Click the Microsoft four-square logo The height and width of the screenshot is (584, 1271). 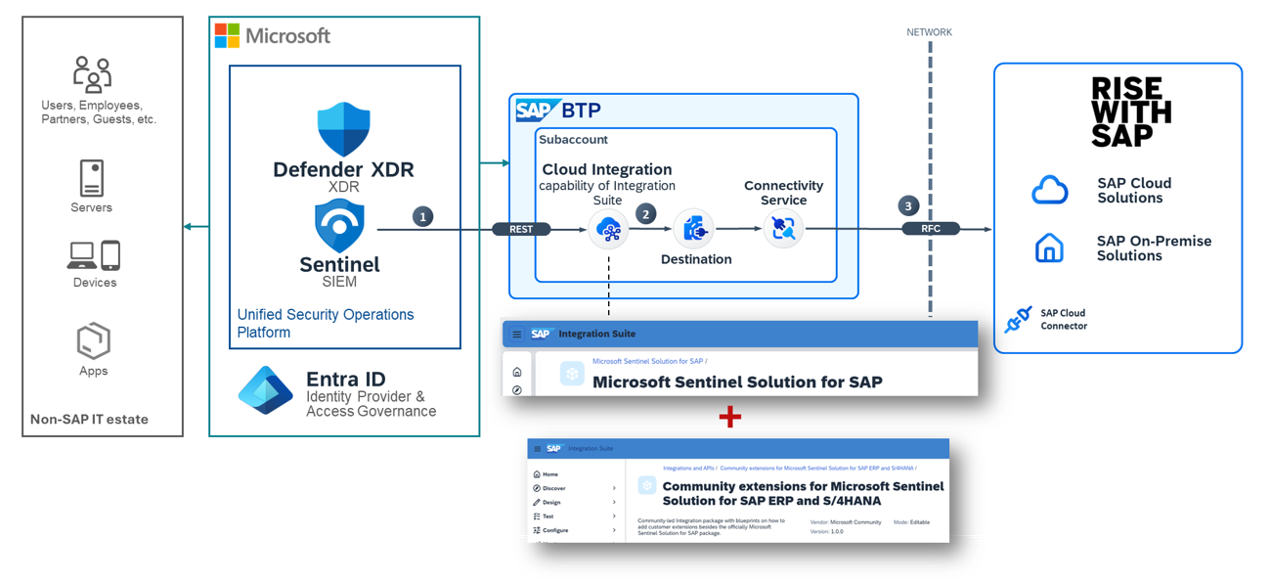227,36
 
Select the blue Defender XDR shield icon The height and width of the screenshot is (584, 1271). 342,129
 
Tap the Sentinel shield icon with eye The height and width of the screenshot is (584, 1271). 339,226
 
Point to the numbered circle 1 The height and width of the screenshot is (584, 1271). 422,216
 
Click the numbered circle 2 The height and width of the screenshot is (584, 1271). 645,212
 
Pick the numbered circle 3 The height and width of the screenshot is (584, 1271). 908,206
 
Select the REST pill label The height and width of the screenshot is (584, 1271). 522,229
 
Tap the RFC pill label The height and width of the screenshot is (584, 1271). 931,229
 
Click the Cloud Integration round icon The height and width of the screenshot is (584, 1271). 608,230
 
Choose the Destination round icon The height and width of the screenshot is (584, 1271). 695,229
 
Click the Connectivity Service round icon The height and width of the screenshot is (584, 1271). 782,229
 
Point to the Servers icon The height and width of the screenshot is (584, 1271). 91,179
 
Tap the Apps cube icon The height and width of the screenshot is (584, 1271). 93,342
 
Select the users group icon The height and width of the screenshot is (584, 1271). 92,75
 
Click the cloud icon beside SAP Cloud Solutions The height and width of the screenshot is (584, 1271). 1049,190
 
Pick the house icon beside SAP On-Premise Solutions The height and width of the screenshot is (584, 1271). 1049,248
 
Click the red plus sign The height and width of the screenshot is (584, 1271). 729,418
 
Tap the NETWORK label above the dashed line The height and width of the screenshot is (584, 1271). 929,32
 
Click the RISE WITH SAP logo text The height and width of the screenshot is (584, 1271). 1130,112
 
